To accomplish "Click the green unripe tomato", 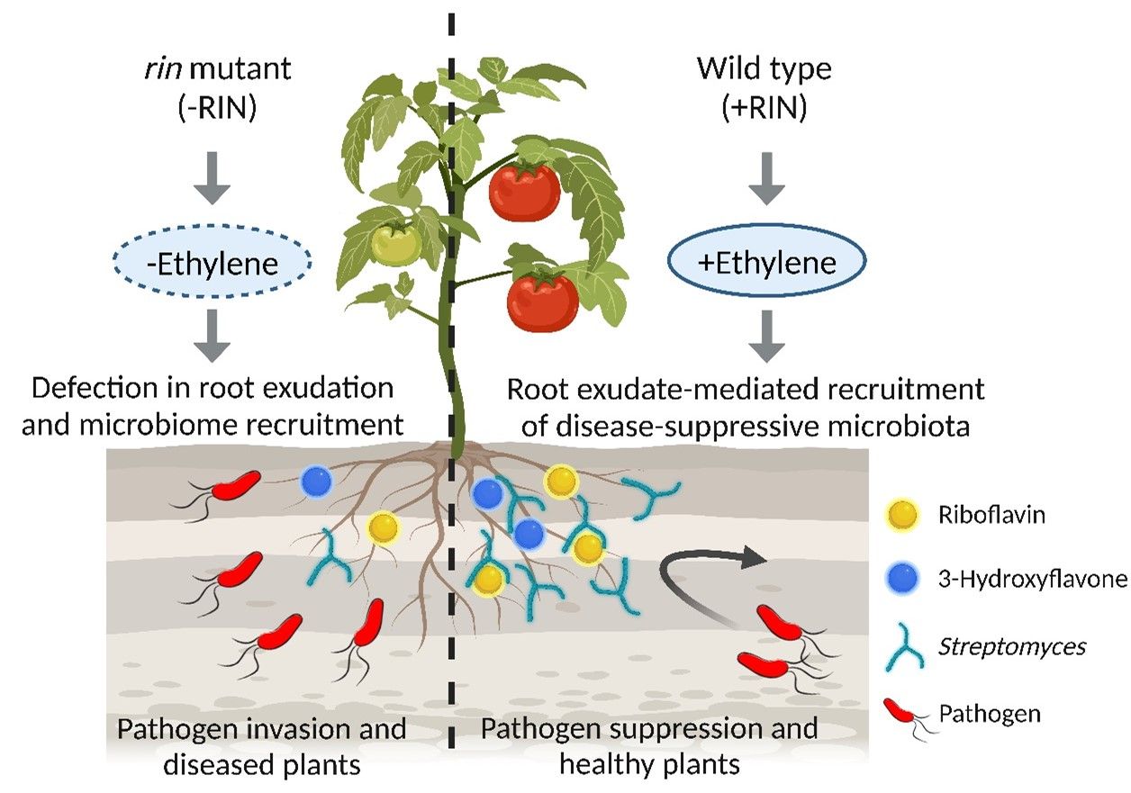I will click(396, 241).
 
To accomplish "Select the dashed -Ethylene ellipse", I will click(212, 263).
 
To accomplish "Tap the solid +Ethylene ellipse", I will click(765, 263).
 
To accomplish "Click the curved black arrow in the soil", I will click(702, 576).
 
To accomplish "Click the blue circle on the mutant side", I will click(316, 482).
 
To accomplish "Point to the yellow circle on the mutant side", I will click(383, 527).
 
